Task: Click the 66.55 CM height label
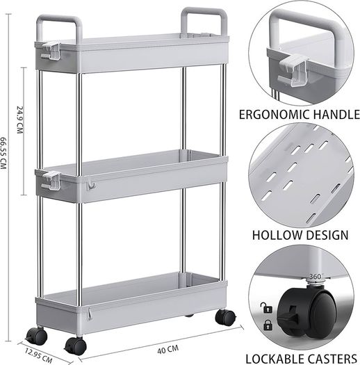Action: [3, 153]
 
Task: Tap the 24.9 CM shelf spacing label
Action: [20, 120]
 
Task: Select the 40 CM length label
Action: [168, 349]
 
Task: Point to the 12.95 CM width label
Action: [39, 355]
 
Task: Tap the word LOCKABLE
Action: [274, 359]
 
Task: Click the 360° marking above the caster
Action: [316, 277]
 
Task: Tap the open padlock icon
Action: [266, 307]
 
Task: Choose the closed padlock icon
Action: [268, 325]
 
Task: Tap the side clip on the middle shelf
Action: [51, 179]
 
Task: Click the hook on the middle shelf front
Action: [91, 186]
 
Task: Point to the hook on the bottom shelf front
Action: [90, 314]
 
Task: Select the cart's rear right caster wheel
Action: [225, 318]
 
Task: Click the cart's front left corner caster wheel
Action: [37, 336]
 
